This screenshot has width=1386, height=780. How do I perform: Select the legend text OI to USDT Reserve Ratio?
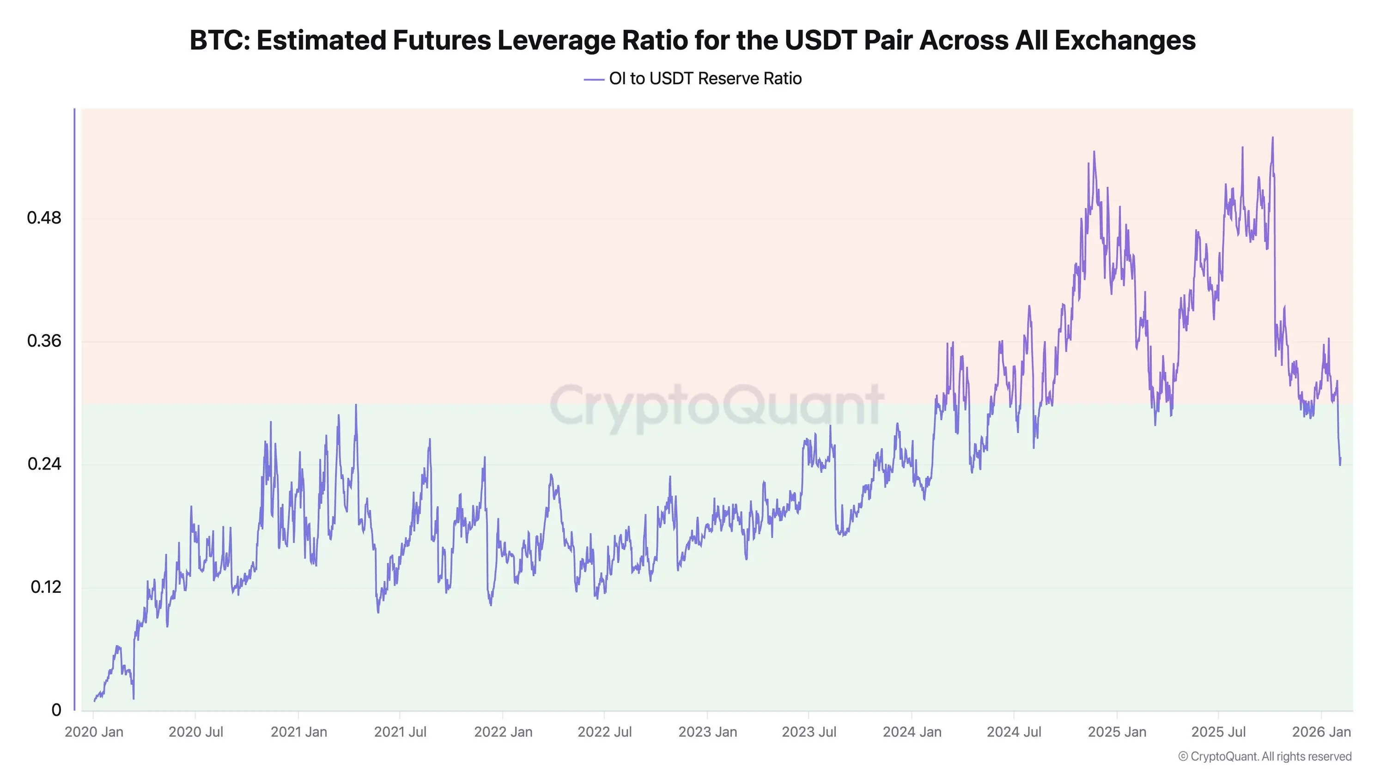tap(705, 79)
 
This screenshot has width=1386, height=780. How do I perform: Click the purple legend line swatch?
tap(594, 79)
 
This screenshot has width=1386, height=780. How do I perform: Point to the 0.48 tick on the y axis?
tap(44, 218)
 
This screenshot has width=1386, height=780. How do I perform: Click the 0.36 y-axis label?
tap(44, 341)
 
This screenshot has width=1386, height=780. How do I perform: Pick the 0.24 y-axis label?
tap(44, 463)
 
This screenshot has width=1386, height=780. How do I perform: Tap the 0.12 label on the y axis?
tap(46, 587)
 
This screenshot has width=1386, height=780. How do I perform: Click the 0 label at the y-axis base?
tap(56, 710)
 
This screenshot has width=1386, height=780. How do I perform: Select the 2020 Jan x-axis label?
tap(94, 732)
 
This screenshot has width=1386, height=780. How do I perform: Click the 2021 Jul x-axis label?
tap(400, 732)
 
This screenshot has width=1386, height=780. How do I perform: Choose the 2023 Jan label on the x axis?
tap(707, 732)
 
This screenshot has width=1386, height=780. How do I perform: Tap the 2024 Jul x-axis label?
tap(1014, 732)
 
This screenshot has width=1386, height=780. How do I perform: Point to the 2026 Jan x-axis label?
tap(1321, 732)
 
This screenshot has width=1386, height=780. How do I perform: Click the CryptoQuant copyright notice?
tap(1264, 756)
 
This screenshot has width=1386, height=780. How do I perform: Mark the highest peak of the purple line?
tap(1272, 138)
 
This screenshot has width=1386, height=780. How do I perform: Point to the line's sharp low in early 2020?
tap(134, 698)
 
